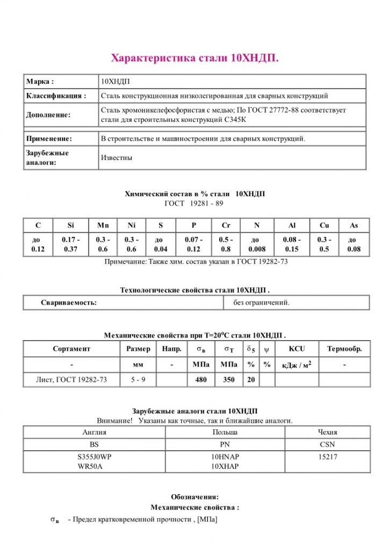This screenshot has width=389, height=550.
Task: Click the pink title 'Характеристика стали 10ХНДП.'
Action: coord(195,57)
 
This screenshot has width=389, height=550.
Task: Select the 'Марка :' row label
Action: coord(40,82)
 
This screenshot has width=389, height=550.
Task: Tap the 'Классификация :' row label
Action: coord(56,96)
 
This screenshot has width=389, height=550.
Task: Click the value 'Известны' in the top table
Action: coord(117,158)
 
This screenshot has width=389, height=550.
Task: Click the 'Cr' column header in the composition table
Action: coord(226,226)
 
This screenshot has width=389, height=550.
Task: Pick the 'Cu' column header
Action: coord(324,226)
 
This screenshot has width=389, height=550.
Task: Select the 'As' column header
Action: coord(354,226)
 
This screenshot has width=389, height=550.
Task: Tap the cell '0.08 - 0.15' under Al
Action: coord(292,244)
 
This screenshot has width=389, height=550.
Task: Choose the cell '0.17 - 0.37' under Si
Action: coord(71,244)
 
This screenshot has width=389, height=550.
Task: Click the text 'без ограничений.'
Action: coord(261,302)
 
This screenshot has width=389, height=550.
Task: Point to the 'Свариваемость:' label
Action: coord(69,302)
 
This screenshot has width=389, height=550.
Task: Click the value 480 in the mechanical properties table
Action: coord(201,380)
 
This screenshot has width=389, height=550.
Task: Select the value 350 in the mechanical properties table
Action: coord(228,380)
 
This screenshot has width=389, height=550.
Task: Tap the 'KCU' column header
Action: coord(297,349)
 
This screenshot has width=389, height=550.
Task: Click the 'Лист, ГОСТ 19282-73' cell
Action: coord(71,380)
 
